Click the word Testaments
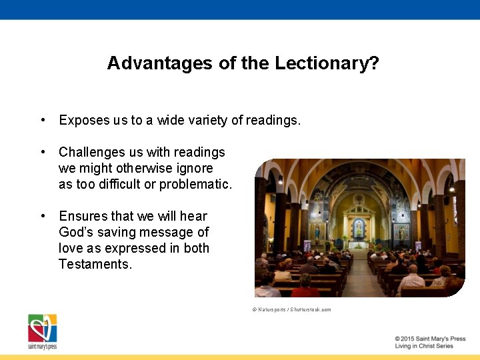coord(95,264)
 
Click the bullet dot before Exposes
coord(42,120)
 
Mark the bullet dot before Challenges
coord(42,152)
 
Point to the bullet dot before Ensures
coord(42,216)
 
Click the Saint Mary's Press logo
coord(42,331)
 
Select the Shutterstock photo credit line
coord(291,309)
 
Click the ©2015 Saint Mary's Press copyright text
coord(429,339)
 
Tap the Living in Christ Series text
coord(423,346)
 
